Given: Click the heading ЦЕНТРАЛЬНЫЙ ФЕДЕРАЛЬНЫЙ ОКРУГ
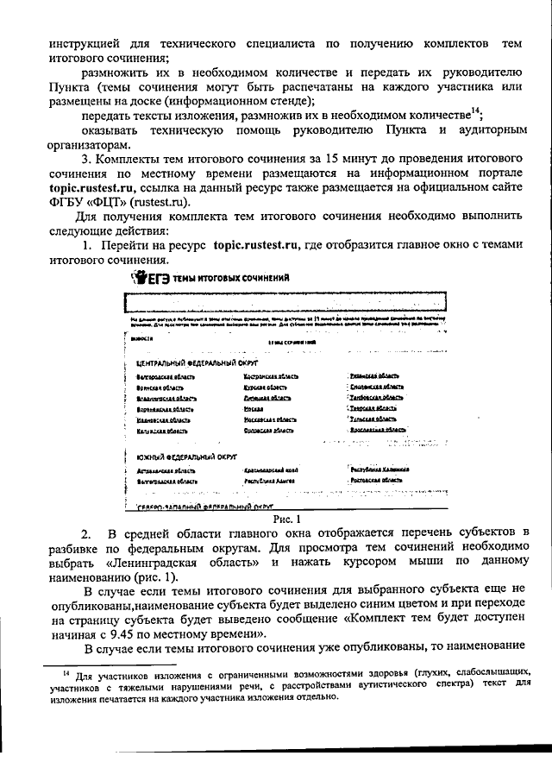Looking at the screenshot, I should coord(179,364).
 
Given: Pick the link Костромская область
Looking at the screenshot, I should coord(272,377).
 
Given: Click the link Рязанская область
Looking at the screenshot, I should coord(374,376).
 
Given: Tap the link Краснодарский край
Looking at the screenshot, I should coord(271,470).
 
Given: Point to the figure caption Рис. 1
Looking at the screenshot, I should coord(284,519).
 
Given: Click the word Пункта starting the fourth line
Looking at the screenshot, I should coord(67,89).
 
